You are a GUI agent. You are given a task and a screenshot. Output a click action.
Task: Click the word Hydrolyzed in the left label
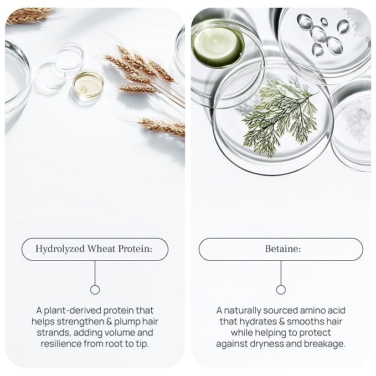point(60,249)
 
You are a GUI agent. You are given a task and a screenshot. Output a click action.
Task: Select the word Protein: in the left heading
point(135,249)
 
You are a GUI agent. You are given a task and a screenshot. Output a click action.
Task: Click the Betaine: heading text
point(283,249)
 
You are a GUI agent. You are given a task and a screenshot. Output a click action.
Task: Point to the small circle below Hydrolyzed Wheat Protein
point(95,290)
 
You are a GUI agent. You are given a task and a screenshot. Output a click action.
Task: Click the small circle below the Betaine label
point(281,290)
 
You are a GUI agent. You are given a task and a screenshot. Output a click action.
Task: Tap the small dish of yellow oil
point(88,84)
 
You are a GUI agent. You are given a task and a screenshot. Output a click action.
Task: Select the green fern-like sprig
point(279,119)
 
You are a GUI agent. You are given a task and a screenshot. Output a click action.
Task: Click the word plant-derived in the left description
point(73,311)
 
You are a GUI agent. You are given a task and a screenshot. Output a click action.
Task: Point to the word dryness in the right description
point(267,344)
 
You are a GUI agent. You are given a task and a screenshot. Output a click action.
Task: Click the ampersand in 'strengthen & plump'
point(109,322)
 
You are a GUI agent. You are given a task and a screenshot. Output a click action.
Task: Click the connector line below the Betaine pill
point(281,272)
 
